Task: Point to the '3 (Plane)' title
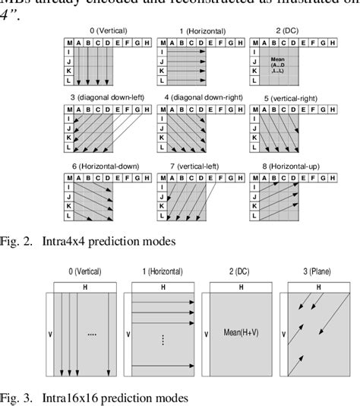click(x=308, y=271)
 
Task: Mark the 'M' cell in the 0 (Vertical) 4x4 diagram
click(x=69, y=43)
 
